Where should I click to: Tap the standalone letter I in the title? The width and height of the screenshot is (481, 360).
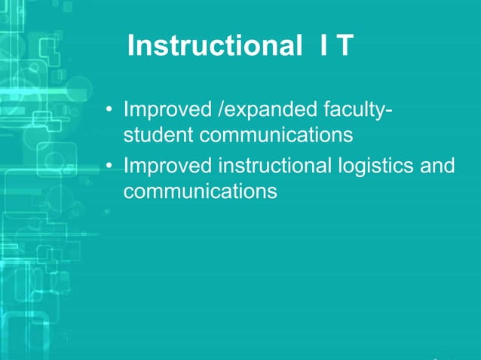[x=323, y=47]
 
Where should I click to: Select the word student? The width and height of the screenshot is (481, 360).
[x=158, y=137]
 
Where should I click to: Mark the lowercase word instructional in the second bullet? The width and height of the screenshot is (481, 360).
[x=271, y=165]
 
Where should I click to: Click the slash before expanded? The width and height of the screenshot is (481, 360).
[x=219, y=113]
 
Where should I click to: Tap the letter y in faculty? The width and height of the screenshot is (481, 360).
[x=380, y=115]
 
